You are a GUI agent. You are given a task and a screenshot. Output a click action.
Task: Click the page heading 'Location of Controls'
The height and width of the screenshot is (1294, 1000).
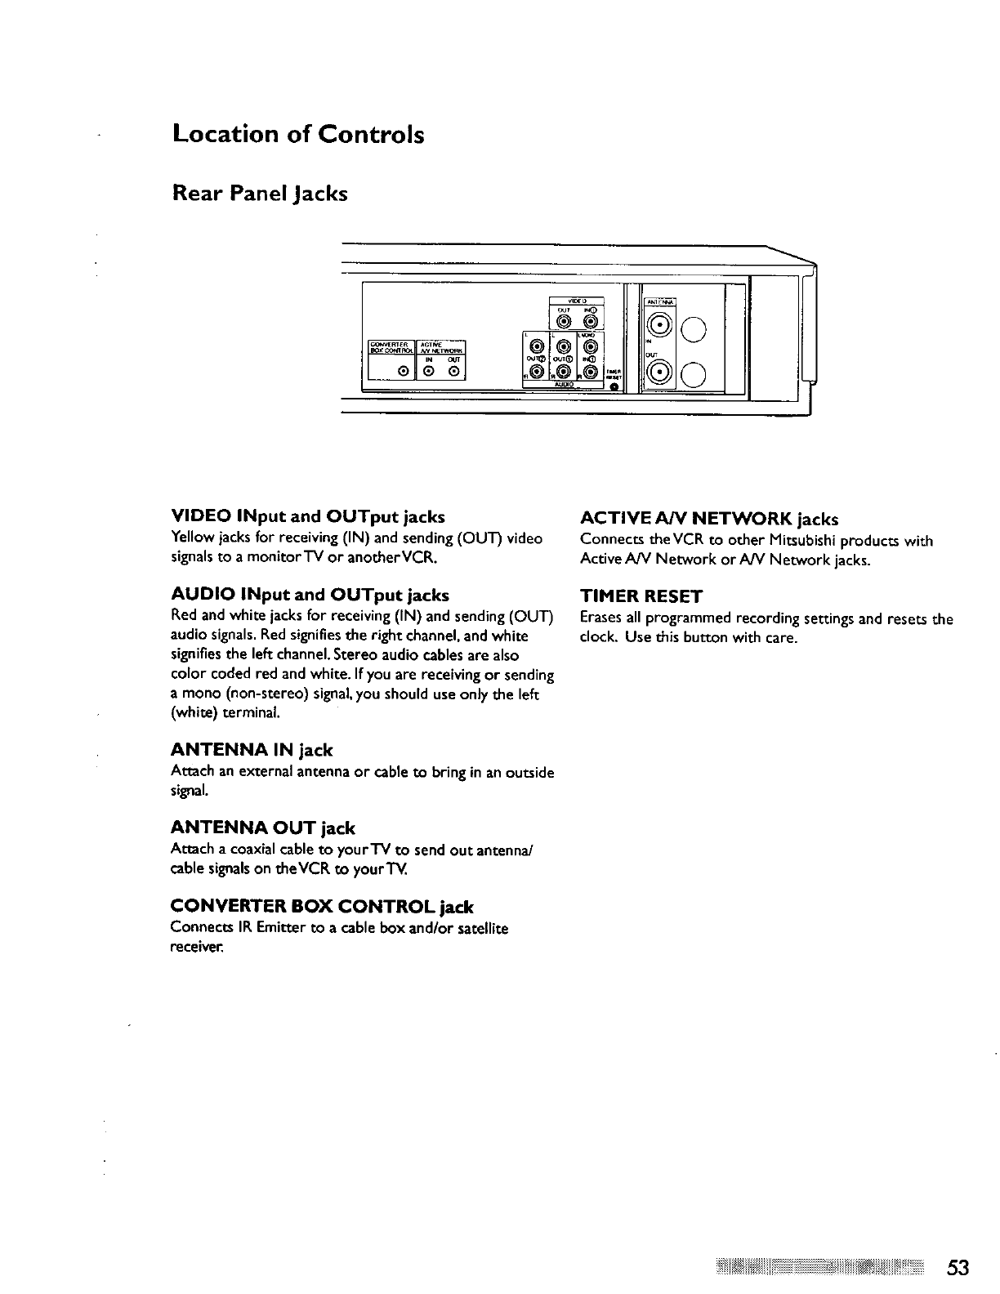click(x=298, y=134)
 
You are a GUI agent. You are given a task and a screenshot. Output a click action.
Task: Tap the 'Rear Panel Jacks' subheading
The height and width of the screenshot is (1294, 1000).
click(x=260, y=194)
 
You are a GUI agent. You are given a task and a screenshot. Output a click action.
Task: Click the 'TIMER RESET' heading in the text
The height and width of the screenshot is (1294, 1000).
click(x=641, y=596)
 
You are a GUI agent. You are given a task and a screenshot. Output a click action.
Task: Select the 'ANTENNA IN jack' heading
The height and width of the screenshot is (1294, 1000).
click(x=252, y=750)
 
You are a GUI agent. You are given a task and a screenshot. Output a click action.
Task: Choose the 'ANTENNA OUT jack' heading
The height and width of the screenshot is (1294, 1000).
click(x=263, y=828)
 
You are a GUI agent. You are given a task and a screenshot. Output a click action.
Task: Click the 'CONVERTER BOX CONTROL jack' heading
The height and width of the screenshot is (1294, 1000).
click(x=322, y=907)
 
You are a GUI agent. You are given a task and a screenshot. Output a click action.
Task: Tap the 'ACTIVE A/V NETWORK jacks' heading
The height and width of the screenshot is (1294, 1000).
click(x=709, y=519)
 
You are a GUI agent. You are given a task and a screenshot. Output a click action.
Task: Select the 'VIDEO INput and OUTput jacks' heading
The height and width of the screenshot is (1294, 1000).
click(x=308, y=517)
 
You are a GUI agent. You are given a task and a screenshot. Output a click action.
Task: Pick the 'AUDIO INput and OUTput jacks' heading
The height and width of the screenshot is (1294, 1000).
click(x=310, y=595)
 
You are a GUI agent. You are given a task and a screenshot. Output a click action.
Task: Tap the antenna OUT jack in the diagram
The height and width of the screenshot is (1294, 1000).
click(x=658, y=374)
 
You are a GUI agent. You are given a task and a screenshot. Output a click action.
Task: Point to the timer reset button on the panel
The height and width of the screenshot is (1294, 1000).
click(x=614, y=387)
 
